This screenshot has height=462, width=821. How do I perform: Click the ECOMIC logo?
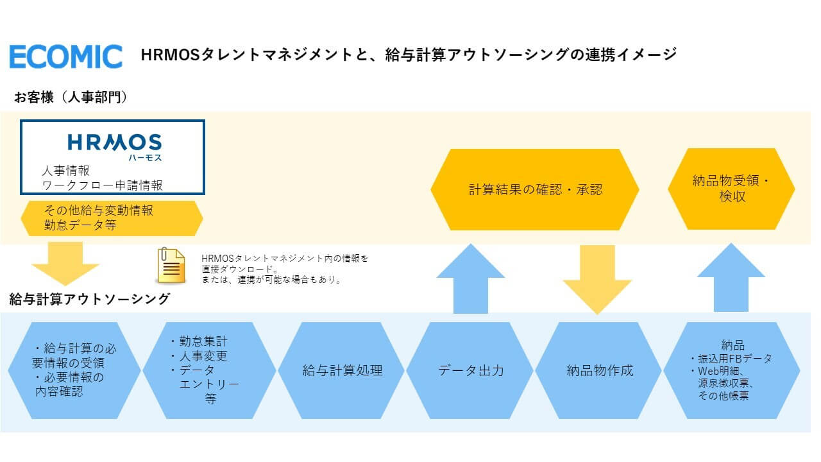65,56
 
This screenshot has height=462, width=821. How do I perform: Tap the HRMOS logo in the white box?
115,142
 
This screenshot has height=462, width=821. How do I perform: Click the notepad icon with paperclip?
172,266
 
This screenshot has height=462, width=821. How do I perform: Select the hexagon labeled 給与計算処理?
343,370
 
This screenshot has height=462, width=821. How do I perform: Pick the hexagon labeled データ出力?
471,370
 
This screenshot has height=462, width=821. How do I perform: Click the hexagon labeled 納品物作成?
600,370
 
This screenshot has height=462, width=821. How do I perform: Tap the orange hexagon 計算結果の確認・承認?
535,189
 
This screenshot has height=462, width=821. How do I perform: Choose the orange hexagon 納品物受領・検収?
732,189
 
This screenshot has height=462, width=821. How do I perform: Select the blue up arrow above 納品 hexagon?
731,278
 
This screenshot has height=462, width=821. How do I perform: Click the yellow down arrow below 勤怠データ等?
65,262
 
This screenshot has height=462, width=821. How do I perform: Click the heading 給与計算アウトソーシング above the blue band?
90,298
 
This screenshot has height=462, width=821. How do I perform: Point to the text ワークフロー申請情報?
103,185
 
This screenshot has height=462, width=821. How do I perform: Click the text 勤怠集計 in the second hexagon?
203,342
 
